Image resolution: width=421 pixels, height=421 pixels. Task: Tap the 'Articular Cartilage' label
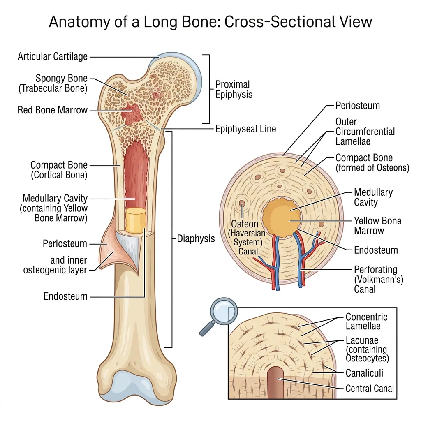[53, 56]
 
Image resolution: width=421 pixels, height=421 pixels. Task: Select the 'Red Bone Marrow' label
[53, 110]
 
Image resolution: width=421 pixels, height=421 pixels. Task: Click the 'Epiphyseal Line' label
[245, 129]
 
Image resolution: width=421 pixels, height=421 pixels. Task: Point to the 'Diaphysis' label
[196, 238]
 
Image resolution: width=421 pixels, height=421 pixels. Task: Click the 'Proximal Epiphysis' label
[234, 89]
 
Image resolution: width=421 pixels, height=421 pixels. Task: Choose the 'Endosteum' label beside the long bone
[66, 296]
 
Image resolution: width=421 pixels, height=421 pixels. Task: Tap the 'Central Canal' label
[370, 388]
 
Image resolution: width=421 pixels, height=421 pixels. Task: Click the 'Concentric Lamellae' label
[366, 322]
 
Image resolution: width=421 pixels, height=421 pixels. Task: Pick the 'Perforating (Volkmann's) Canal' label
[379, 280]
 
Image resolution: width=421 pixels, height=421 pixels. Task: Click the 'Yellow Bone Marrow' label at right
[377, 226]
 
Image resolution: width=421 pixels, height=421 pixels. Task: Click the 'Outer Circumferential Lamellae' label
[365, 132]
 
